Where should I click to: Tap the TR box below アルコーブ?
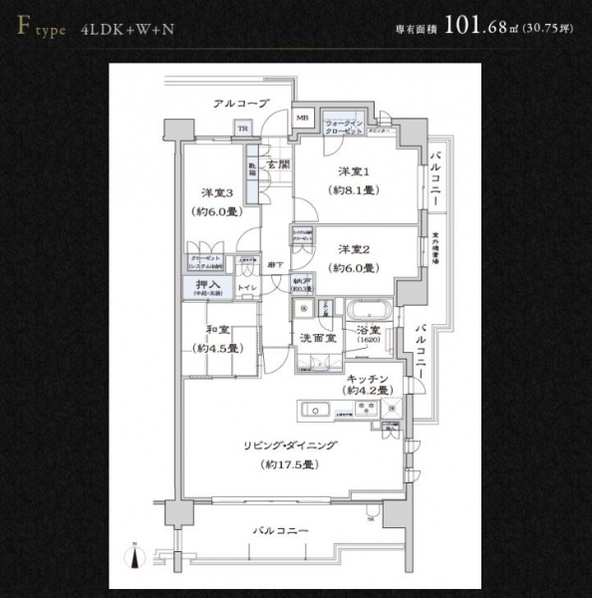click(242, 128)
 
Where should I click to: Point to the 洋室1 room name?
click(353, 169)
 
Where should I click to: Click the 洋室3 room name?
click(217, 192)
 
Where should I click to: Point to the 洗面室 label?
click(318, 339)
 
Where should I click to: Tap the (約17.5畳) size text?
click(289, 465)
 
